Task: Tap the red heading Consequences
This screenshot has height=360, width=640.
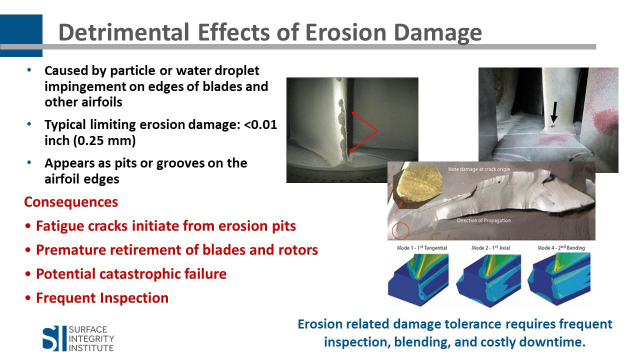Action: click(71, 202)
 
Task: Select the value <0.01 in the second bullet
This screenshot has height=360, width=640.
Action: click(260, 124)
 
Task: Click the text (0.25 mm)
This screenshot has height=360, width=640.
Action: click(104, 140)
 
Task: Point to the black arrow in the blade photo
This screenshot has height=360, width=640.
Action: click(554, 112)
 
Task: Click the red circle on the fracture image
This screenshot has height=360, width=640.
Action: click(400, 231)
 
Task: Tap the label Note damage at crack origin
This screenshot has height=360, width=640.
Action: click(479, 169)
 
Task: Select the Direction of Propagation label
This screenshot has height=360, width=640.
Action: click(483, 220)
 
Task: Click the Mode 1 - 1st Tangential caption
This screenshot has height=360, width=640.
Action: click(421, 247)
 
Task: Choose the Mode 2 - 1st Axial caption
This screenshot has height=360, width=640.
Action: click(490, 247)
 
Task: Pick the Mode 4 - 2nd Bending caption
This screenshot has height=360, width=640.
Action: click(561, 247)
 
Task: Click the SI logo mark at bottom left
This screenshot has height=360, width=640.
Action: click(50, 338)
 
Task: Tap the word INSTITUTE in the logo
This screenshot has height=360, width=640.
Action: click(91, 348)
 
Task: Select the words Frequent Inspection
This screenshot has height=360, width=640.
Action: click(102, 298)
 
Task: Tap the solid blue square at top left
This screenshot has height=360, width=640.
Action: click(21, 35)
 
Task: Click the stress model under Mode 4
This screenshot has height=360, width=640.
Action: click(559, 279)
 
